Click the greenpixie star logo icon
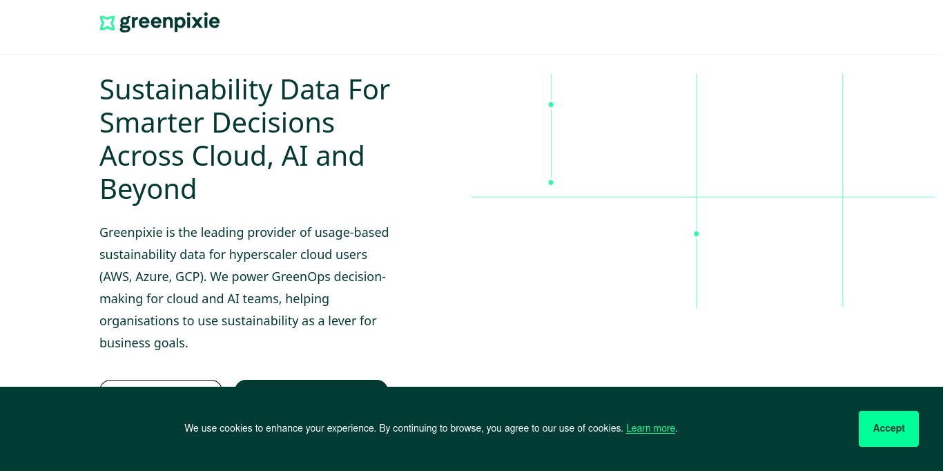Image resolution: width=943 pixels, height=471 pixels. [x=107, y=23]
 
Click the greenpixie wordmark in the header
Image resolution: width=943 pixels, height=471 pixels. [x=170, y=22]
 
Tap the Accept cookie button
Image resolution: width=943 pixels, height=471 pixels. [x=888, y=428]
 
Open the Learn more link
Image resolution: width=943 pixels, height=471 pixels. [x=650, y=428]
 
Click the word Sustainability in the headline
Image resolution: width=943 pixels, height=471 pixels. [x=186, y=90]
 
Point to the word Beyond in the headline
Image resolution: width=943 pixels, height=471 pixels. [x=148, y=189]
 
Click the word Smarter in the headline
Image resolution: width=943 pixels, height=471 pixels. [x=152, y=123]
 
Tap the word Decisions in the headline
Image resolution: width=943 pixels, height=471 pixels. [x=273, y=123]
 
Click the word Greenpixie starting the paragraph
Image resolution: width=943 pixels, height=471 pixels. [x=131, y=233]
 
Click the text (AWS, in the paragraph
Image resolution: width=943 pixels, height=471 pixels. [x=116, y=277]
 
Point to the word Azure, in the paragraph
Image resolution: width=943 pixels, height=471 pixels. [x=153, y=277]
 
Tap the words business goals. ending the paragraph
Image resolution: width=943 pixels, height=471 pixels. [x=144, y=343]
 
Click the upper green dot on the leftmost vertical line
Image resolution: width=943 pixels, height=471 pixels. [x=551, y=104]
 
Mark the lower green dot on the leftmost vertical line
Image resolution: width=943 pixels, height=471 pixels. [x=551, y=182]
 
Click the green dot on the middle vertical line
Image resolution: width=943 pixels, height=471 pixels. [x=697, y=234]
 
